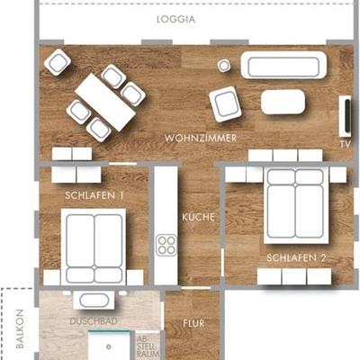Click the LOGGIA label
[175, 20]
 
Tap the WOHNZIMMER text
[201, 139]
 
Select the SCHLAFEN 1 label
[94, 195]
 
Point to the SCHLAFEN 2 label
[296, 257]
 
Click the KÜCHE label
[199, 217]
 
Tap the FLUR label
[193, 323]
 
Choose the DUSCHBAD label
[94, 321]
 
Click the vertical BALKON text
[20, 329]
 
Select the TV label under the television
[346, 144]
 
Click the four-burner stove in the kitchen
[166, 246]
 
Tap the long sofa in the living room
[283, 65]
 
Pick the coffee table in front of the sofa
[283, 102]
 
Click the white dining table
[105, 103]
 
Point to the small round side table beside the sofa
[224, 65]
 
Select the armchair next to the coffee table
[225, 104]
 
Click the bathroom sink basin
[94, 301]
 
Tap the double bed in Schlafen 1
[94, 247]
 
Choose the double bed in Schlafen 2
[296, 205]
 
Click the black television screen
[347, 115]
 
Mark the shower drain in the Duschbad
[109, 346]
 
